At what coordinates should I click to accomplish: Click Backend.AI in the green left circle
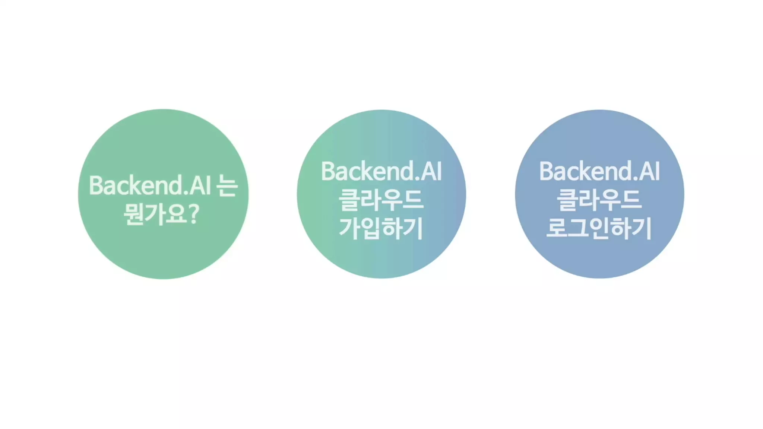pos(150,185)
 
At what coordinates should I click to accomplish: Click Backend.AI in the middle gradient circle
pos(381,172)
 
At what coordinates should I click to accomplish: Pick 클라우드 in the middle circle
pos(381,200)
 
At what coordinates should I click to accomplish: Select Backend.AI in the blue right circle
pos(599,172)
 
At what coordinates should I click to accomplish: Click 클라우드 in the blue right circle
pos(599,200)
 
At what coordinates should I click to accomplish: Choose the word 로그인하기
pos(599,228)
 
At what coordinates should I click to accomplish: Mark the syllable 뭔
pos(133,214)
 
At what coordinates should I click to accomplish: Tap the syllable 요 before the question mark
pos(176,214)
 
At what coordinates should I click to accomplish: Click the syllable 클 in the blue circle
pos(567,200)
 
